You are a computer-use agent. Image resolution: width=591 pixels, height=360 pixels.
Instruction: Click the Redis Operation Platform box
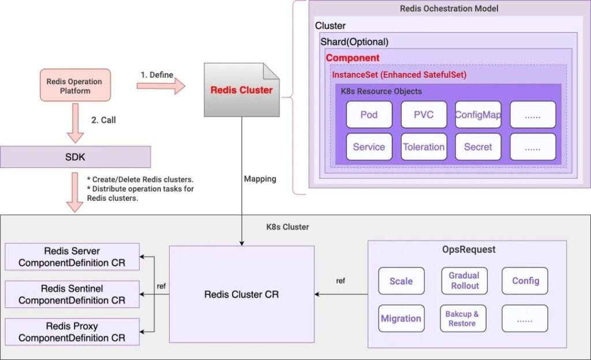point(74,86)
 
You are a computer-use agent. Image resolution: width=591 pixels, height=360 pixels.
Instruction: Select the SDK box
point(75,157)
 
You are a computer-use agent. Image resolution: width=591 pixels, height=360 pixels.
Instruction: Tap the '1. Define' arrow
point(161,87)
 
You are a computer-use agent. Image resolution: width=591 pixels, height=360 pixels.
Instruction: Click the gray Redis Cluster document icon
point(241,90)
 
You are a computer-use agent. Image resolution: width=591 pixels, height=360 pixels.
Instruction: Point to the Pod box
point(369,114)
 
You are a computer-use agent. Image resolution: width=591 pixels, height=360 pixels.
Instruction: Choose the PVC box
point(424,114)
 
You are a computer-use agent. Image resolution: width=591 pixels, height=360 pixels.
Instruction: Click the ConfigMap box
point(478,114)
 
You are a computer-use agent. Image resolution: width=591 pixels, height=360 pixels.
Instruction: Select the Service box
point(369,147)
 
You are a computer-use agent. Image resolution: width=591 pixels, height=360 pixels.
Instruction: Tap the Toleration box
point(424,147)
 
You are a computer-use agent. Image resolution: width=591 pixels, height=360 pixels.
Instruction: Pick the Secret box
point(478,147)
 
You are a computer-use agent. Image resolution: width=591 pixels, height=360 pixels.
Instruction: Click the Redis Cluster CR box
point(241,294)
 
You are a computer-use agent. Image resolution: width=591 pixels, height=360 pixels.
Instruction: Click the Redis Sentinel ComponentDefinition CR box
point(72,294)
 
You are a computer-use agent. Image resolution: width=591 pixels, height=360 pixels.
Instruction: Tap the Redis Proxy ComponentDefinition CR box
point(72,332)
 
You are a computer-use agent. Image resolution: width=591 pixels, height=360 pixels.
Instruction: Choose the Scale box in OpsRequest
point(401,281)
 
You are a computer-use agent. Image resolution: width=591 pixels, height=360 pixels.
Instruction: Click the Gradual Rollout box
point(464,281)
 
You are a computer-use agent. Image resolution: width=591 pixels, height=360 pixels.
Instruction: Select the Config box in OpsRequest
point(525,281)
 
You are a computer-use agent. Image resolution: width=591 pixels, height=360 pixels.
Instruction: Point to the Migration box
point(401,318)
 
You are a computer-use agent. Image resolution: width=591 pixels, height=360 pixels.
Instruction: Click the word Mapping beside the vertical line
point(260,179)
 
